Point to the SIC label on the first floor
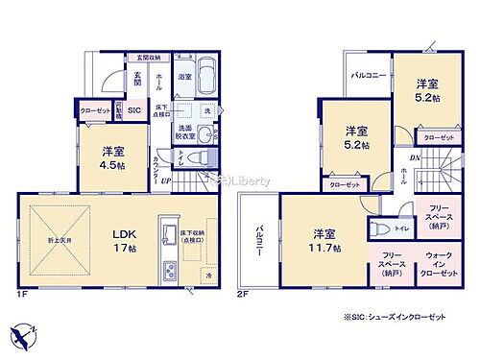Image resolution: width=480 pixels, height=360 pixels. (x=133, y=111)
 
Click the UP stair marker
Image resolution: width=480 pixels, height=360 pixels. (x=166, y=180)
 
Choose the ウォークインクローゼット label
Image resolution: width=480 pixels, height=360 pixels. (x=443, y=260)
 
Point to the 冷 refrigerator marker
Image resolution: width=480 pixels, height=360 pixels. (x=209, y=276)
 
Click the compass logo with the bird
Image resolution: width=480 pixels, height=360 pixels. (x=24, y=337)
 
